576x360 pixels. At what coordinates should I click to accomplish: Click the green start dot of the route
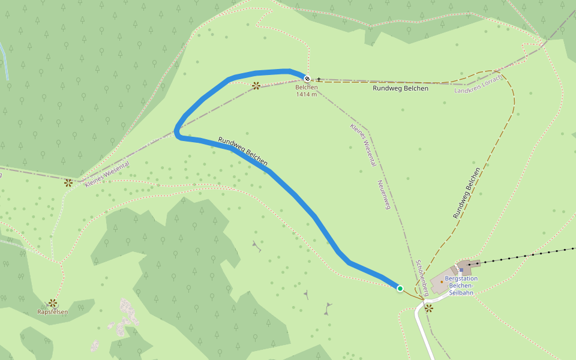400,289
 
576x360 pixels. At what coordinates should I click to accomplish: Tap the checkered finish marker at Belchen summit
307,79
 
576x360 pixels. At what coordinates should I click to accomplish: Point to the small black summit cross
319,79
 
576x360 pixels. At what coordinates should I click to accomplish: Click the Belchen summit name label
306,88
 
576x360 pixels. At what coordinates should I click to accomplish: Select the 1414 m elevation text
306,95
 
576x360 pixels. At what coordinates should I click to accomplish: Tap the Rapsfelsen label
53,312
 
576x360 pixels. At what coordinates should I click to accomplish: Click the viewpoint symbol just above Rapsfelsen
53,303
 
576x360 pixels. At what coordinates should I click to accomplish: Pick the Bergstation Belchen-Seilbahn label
461,286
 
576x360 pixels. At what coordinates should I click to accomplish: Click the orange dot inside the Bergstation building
442,281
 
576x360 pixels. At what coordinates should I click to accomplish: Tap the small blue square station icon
461,271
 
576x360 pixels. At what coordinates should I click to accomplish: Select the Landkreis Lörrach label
478,84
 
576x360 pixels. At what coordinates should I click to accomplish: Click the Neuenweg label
383,194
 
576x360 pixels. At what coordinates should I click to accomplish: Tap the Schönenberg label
422,278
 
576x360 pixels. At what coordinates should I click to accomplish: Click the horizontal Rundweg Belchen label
400,88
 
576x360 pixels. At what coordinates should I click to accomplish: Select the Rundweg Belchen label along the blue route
242,151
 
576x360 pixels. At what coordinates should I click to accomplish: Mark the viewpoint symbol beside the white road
429,308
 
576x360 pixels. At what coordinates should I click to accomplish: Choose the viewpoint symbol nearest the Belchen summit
256,86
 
